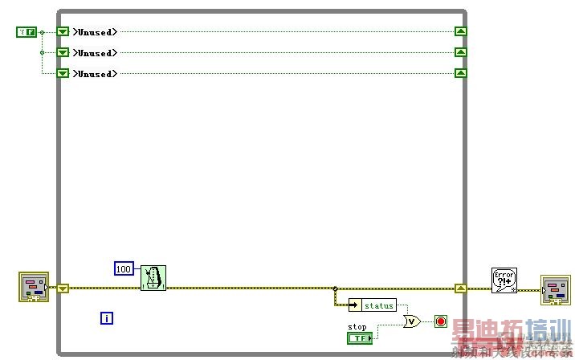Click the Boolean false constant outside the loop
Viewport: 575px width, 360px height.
point(27,32)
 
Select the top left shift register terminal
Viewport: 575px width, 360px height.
point(63,32)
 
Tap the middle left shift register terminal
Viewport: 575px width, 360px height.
point(63,53)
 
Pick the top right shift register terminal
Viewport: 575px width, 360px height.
point(460,32)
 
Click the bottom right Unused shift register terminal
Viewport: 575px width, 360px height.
point(460,74)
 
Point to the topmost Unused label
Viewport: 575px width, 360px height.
point(96,32)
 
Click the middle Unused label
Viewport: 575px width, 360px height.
point(96,53)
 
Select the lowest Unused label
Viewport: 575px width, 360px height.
point(96,74)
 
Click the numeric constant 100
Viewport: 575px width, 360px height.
point(124,268)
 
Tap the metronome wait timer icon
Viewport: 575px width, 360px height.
point(153,278)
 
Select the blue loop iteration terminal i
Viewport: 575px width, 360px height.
point(107,318)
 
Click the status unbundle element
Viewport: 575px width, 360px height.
point(379,305)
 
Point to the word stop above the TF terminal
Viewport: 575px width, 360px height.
point(357,327)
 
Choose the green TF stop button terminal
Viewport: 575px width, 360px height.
point(360,338)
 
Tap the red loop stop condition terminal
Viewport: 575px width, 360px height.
point(440,321)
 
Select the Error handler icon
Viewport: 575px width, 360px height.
point(504,281)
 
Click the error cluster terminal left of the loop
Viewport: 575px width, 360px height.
point(34,288)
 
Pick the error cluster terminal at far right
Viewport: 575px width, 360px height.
point(556,290)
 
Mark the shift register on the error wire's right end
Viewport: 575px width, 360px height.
point(460,288)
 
